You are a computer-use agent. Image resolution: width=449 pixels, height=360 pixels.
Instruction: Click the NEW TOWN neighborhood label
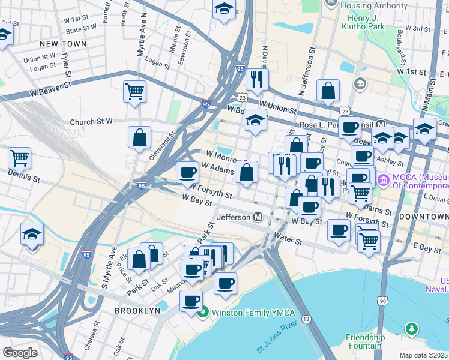click(63, 44)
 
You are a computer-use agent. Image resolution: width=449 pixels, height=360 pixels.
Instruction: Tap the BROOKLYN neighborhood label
click(138, 311)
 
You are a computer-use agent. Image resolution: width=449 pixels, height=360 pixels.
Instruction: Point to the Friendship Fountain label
click(365, 341)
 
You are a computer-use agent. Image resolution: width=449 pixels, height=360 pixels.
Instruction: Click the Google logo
click(20, 352)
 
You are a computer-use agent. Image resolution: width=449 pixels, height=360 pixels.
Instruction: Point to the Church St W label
click(91, 121)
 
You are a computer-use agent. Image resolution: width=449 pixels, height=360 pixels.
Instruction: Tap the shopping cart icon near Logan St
click(135, 92)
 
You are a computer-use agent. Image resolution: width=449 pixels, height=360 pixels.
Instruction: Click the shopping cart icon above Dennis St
click(19, 158)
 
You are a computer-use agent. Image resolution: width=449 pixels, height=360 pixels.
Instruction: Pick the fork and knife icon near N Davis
click(257, 79)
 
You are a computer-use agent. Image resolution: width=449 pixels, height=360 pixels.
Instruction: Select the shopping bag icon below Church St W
click(139, 137)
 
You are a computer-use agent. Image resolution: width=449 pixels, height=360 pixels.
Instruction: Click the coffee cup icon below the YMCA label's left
click(191, 300)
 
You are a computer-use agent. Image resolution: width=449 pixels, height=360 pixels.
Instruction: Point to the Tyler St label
click(66, 61)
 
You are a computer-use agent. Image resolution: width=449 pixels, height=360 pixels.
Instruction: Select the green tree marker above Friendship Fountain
click(411, 328)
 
